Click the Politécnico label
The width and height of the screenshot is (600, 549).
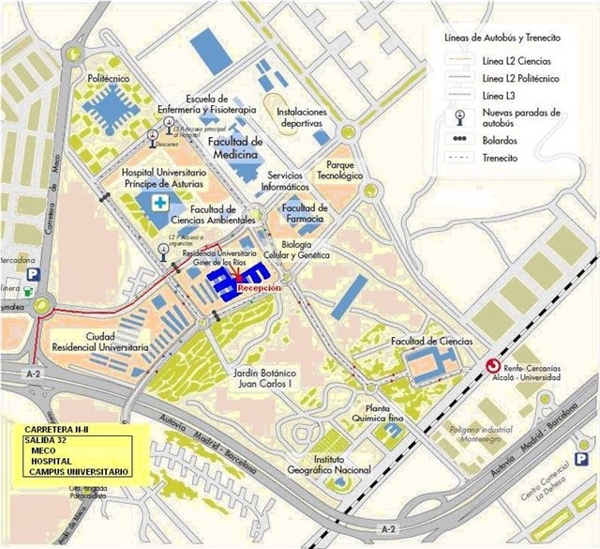click(108, 80)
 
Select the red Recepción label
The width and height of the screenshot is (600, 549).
click(259, 289)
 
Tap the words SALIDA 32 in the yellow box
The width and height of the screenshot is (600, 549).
click(49, 439)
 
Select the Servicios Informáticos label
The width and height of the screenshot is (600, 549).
click(298, 181)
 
